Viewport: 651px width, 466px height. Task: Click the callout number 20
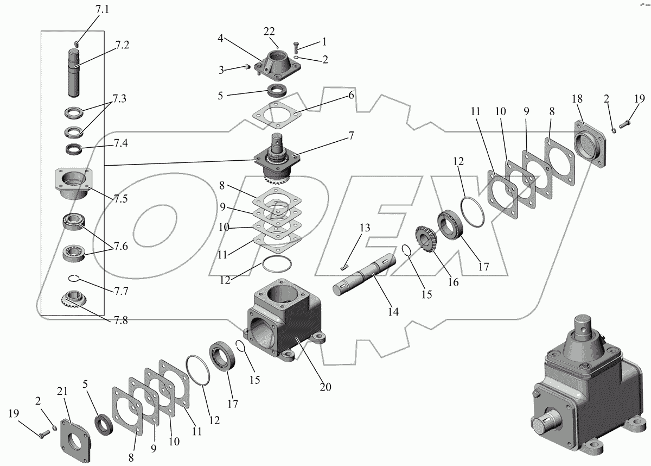pyautogui.click(x=325, y=387)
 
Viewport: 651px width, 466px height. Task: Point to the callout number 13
pyautogui.click(x=365, y=228)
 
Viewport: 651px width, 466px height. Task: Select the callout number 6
pyautogui.click(x=351, y=95)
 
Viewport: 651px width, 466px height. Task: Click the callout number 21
pyautogui.click(x=62, y=392)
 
